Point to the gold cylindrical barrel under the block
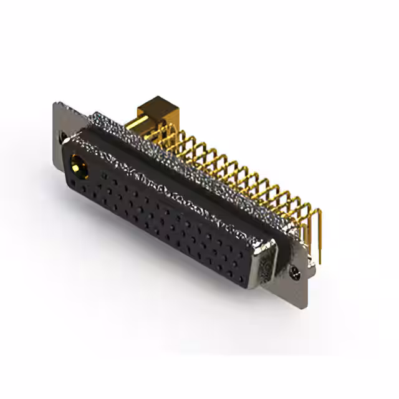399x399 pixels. coord(142,125)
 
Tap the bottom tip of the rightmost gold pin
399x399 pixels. coord(320,262)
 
